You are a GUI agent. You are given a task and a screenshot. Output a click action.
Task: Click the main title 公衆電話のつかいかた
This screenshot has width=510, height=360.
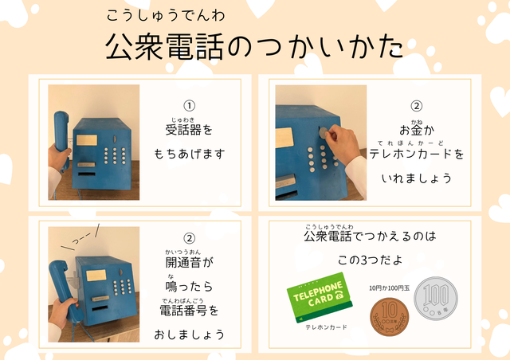(254, 46)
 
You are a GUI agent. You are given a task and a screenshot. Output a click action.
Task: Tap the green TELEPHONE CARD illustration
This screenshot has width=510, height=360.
(320, 298)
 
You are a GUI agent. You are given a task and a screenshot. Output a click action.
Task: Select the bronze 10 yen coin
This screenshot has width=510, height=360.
(390, 317)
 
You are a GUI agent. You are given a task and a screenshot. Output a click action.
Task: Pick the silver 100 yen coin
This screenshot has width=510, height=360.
(436, 299)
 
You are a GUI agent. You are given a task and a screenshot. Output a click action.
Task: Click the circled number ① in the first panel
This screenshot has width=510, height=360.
(190, 106)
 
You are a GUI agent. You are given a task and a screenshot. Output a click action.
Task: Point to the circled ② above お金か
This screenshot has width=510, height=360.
(417, 106)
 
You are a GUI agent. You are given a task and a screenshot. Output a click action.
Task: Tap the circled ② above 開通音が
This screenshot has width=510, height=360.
(190, 238)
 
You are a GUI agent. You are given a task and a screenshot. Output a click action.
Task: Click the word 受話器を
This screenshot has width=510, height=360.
(189, 130)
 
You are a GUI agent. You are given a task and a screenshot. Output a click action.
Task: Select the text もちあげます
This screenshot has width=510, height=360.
(190, 154)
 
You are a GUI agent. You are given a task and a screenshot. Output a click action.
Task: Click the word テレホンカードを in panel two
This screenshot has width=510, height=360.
(417, 154)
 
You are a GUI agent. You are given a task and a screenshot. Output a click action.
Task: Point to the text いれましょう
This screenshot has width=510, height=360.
(417, 178)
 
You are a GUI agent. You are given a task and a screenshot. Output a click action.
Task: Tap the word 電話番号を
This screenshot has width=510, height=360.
(189, 311)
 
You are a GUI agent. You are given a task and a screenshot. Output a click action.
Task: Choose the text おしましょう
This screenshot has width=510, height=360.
(190, 335)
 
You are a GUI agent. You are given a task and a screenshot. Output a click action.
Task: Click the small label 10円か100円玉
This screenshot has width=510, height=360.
(390, 288)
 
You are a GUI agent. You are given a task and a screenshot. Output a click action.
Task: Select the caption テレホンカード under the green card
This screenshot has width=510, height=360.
(326, 327)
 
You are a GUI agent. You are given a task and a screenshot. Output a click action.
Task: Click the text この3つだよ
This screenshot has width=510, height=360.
(370, 260)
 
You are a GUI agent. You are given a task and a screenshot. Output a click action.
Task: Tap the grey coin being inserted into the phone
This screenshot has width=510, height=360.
(324, 133)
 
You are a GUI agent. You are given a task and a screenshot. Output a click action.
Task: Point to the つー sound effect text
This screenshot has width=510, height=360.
(81, 239)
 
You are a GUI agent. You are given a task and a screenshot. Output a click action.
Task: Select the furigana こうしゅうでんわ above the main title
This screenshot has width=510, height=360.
(166, 16)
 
